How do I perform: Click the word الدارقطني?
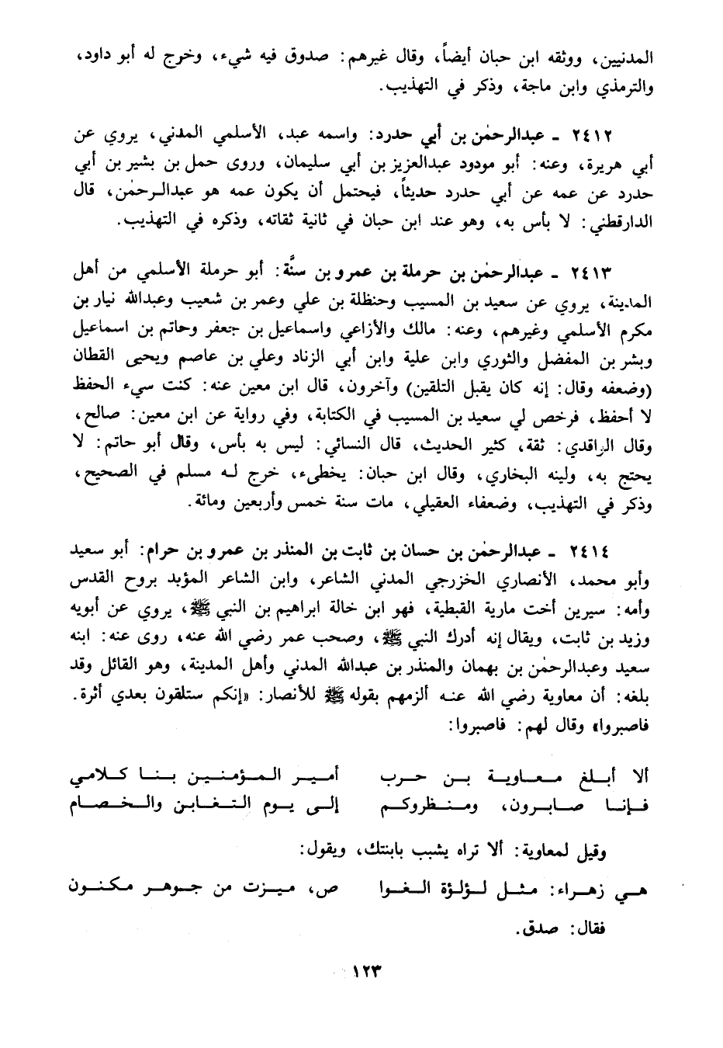(x=619, y=222)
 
